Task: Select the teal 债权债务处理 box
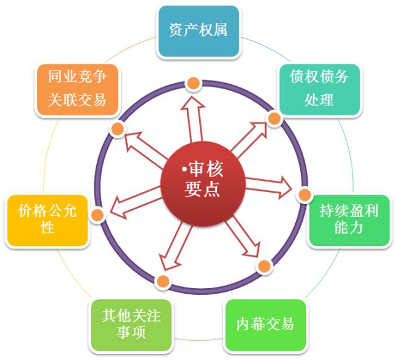319,88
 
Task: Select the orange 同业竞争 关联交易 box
77,88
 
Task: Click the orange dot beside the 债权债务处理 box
274,116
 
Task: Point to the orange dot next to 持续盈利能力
304,195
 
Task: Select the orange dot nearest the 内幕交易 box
264,266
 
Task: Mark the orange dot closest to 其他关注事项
163,281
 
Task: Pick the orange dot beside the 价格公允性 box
97,215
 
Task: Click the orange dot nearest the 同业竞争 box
117,128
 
